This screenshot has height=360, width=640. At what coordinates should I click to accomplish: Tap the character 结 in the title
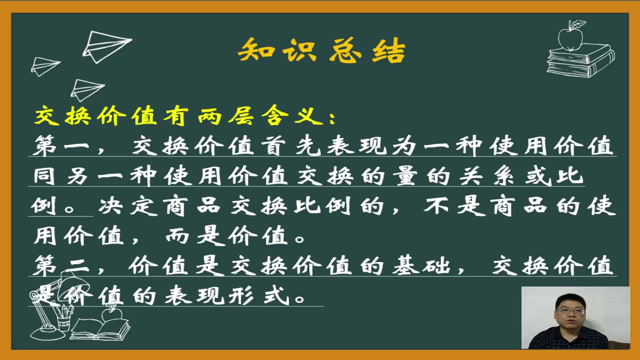coord(388,50)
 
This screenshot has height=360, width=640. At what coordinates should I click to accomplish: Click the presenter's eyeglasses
coord(570,311)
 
